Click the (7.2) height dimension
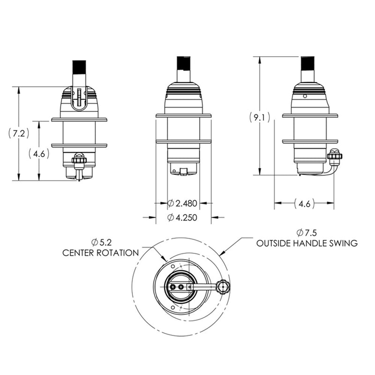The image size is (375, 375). [19, 133]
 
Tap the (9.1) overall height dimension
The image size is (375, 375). [259, 117]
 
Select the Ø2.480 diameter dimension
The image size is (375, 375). [182, 203]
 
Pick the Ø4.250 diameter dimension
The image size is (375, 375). [182, 217]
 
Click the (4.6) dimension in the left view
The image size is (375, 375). [39, 153]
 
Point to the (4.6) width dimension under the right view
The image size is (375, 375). [304, 203]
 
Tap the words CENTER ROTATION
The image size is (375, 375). [101, 253]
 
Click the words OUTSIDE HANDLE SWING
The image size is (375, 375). [307, 243]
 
